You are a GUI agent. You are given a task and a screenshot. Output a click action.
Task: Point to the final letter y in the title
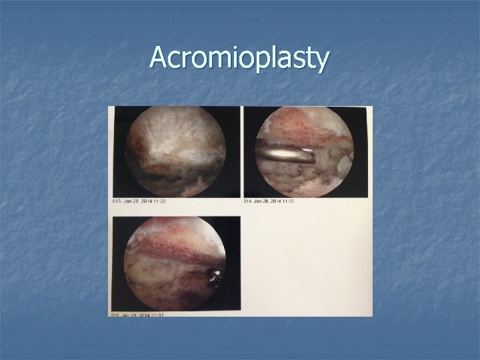pos(321,61)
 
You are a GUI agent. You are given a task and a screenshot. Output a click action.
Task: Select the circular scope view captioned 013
pos(175,151)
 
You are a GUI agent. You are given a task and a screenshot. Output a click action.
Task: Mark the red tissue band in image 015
pos(175,249)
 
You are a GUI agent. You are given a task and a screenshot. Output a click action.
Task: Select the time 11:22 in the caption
pos(159,200)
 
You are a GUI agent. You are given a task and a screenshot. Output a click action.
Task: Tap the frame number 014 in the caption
pos(248,201)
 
